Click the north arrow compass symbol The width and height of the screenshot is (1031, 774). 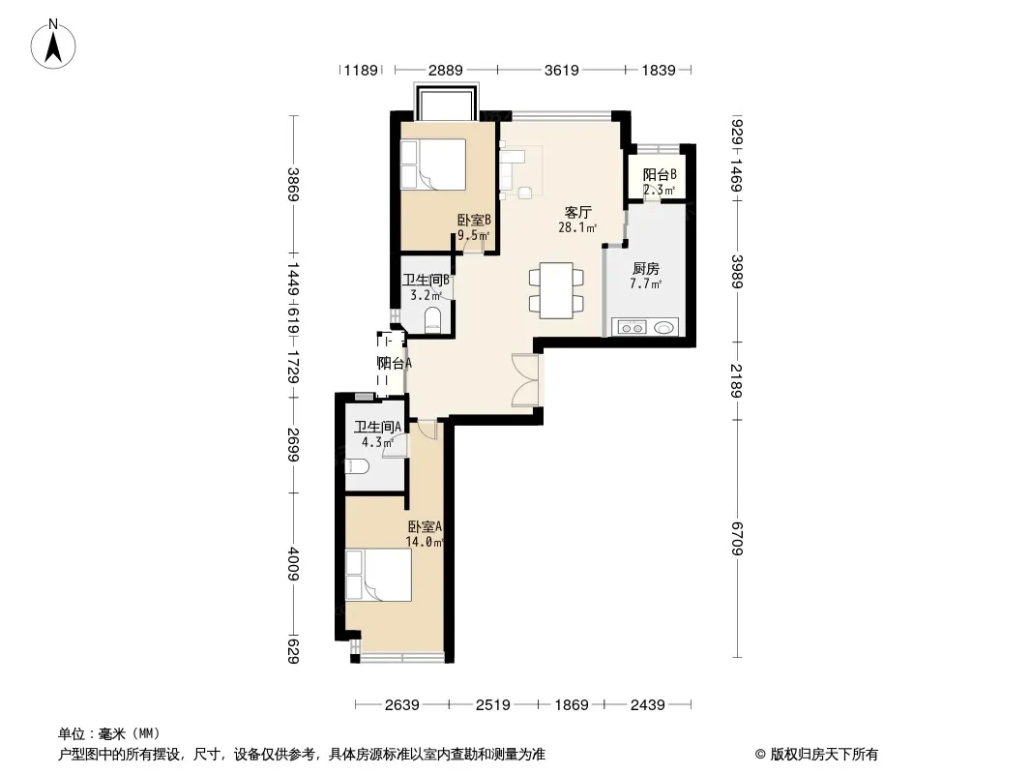point(53,44)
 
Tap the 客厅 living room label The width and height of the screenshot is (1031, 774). point(578,213)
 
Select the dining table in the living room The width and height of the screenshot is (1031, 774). point(556,290)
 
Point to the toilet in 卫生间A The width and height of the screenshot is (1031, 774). point(357,467)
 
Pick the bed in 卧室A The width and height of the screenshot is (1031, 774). point(379,575)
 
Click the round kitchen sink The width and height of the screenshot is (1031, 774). point(664,327)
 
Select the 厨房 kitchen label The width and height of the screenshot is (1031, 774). point(646,268)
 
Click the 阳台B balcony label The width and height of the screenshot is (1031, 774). point(660,175)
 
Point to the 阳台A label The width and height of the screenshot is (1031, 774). point(394,363)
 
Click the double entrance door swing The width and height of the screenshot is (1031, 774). point(526,380)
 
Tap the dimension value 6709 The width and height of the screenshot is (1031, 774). point(736,538)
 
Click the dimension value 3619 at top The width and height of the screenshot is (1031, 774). point(561,70)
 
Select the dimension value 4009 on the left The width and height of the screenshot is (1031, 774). point(293,564)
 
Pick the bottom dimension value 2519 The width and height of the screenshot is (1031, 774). point(492,705)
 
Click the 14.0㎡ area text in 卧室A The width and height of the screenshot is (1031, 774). point(425,543)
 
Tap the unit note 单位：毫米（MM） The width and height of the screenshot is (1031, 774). point(109,734)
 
